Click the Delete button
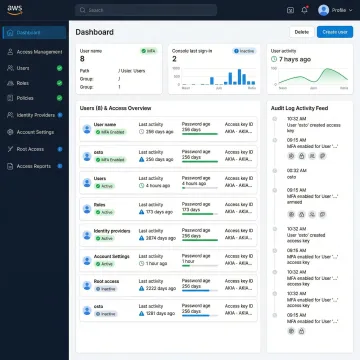click(300, 32)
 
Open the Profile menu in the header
click(336, 10)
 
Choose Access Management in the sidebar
click(39, 50)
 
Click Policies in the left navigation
click(28, 99)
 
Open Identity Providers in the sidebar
click(38, 116)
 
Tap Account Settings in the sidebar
click(37, 132)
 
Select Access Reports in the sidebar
click(35, 166)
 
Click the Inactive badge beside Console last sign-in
click(245, 49)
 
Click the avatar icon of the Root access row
click(87, 287)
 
